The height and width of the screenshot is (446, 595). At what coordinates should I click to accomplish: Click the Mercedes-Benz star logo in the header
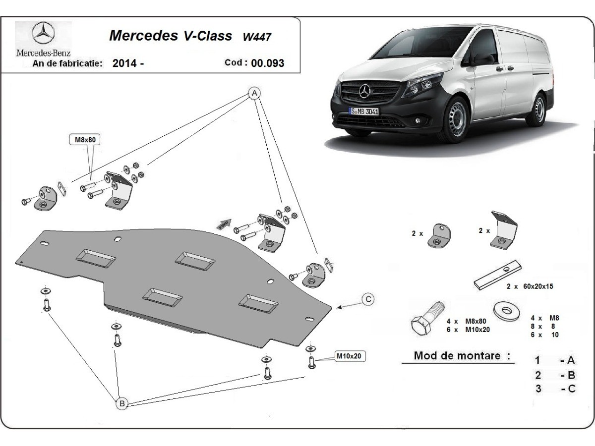point(43,34)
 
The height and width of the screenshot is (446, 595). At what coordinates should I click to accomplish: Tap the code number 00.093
point(268,63)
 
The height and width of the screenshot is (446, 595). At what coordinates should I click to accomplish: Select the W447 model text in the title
point(257,37)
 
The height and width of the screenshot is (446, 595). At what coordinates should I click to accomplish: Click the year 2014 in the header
point(125,63)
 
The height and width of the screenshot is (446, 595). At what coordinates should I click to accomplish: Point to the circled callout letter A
point(254,93)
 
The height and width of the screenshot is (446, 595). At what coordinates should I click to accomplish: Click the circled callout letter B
point(121,404)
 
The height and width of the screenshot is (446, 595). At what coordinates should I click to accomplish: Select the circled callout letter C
point(368,299)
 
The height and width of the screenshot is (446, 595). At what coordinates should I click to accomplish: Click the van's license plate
point(364,111)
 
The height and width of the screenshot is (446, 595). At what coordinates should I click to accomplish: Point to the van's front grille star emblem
point(366,91)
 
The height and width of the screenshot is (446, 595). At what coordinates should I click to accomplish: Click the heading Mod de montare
point(462,356)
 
